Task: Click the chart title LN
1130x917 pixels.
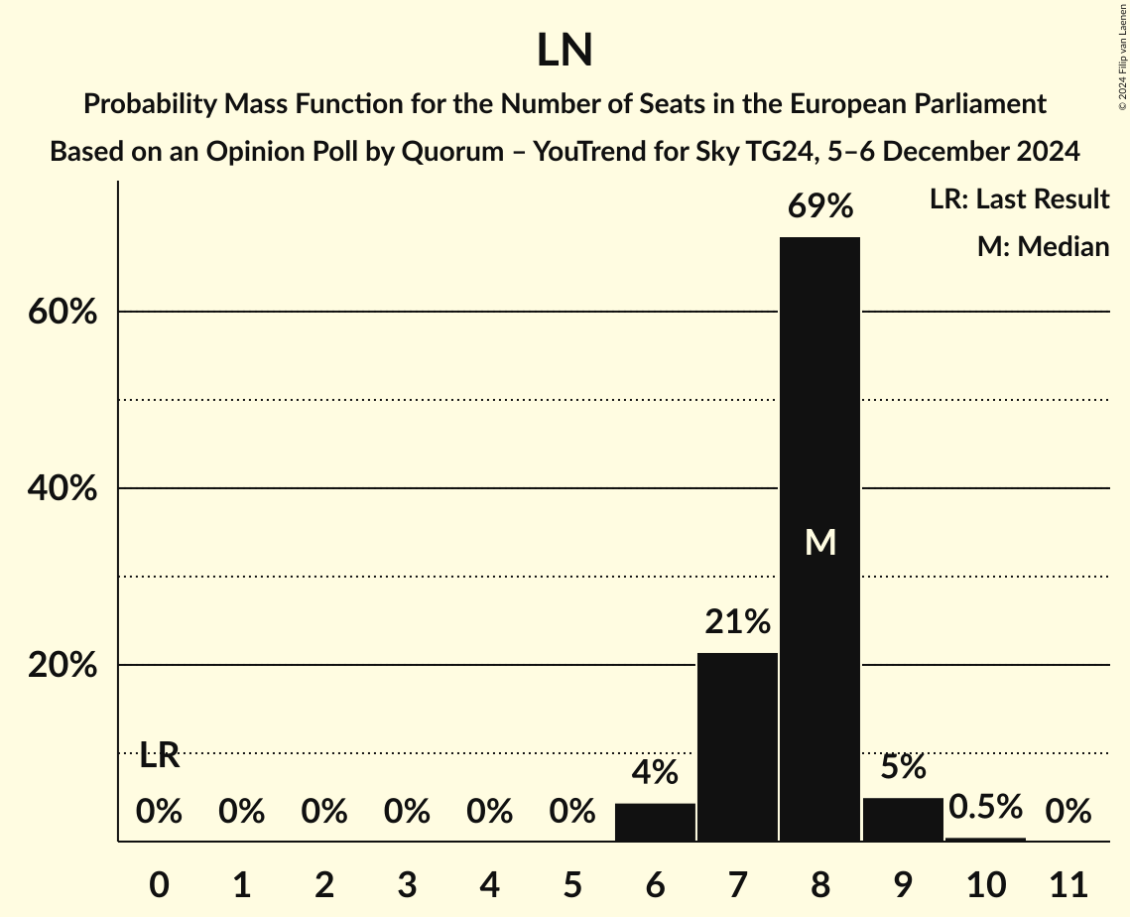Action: [565, 51]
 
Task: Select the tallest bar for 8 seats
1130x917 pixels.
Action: [819, 447]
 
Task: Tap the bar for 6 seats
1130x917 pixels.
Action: [655, 822]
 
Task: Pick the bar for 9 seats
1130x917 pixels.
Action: [903, 819]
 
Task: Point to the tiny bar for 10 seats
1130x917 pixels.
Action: [985, 840]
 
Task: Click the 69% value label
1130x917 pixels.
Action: [819, 206]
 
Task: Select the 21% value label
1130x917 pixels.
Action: [737, 622]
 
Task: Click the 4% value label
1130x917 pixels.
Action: [655, 771]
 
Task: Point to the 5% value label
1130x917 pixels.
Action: [903, 767]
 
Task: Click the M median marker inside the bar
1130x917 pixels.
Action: [820, 542]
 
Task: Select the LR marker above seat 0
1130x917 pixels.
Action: [159, 756]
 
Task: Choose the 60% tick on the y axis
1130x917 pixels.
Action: [62, 313]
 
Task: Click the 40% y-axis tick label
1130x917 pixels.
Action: [62, 489]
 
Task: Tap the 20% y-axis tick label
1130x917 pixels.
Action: [62, 666]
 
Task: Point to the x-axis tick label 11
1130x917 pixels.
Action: [1068, 882]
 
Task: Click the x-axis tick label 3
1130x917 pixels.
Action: [407, 882]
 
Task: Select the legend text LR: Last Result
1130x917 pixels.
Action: [1019, 199]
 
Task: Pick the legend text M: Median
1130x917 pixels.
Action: [1043, 246]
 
